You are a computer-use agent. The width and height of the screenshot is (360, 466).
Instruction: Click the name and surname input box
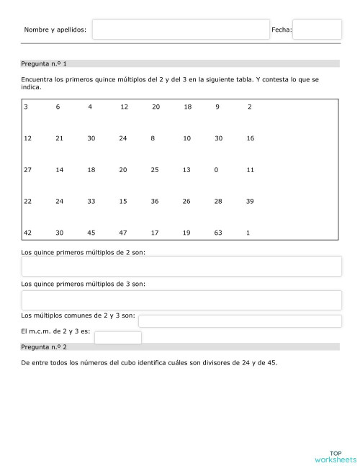[181, 30]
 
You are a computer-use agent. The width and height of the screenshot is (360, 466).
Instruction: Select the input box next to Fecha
[317, 30]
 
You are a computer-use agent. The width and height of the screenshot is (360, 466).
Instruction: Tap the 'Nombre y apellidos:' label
[55, 30]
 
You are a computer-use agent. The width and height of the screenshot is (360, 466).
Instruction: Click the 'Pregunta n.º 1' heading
[45, 63]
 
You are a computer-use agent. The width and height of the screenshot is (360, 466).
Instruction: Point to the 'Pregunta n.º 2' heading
[45, 346]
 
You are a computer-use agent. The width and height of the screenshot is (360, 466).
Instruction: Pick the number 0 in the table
[217, 170]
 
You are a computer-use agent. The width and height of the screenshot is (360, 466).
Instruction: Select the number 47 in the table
[123, 233]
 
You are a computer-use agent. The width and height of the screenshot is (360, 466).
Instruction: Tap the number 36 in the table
[155, 201]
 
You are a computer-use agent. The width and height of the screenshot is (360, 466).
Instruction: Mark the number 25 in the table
[155, 170]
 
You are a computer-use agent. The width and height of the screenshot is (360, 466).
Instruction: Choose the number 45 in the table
[91, 233]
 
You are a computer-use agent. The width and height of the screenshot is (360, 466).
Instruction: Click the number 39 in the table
[250, 201]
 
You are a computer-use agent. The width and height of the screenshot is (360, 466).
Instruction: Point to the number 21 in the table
[60, 138]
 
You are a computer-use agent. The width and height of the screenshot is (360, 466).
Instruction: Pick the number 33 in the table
[91, 201]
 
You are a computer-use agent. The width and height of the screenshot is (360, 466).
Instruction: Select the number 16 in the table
[250, 138]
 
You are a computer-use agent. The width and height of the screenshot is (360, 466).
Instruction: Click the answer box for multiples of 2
[181, 266]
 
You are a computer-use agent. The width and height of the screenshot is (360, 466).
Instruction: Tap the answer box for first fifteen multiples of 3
[181, 300]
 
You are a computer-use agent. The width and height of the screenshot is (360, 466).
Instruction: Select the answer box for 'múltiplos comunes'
[240, 321]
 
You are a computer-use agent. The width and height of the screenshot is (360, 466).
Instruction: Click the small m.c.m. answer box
[118, 338]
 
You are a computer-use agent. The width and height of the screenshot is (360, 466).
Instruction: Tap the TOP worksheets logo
[336, 455]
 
